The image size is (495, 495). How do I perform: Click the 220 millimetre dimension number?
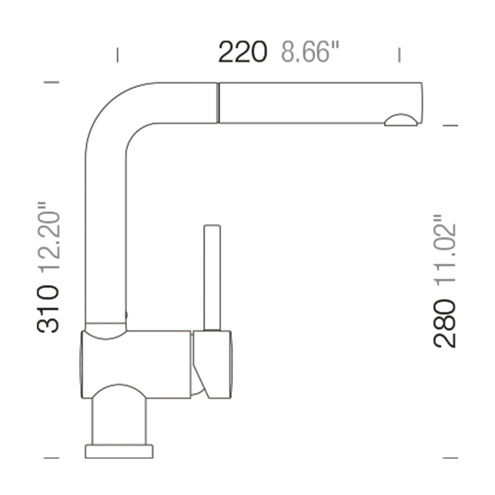coord(243,52)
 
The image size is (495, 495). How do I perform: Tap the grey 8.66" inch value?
coord(310,52)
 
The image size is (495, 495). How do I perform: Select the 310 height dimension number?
coord(48,310)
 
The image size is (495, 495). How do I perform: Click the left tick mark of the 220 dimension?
coord(117,55)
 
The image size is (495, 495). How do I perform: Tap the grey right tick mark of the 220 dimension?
coord(399,55)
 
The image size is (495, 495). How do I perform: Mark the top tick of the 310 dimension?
coord(51,82)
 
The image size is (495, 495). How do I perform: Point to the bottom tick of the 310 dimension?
coord(51,458)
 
